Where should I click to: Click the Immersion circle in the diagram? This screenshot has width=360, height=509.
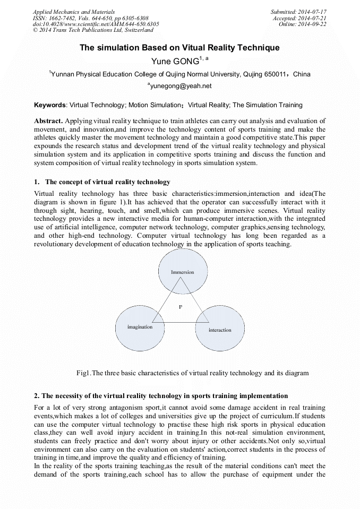click(x=182, y=272)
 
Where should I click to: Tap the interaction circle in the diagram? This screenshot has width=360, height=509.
click(x=220, y=330)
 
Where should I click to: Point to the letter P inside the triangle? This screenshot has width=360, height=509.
click(x=180, y=307)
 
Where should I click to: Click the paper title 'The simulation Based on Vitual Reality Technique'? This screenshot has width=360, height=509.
click(x=179, y=48)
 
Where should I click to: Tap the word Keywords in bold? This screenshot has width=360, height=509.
click(x=50, y=105)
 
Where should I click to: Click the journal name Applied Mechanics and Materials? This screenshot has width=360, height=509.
click(x=73, y=12)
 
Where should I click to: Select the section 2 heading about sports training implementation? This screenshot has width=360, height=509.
click(x=160, y=396)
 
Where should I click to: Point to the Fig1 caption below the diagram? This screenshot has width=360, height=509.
click(x=192, y=373)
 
